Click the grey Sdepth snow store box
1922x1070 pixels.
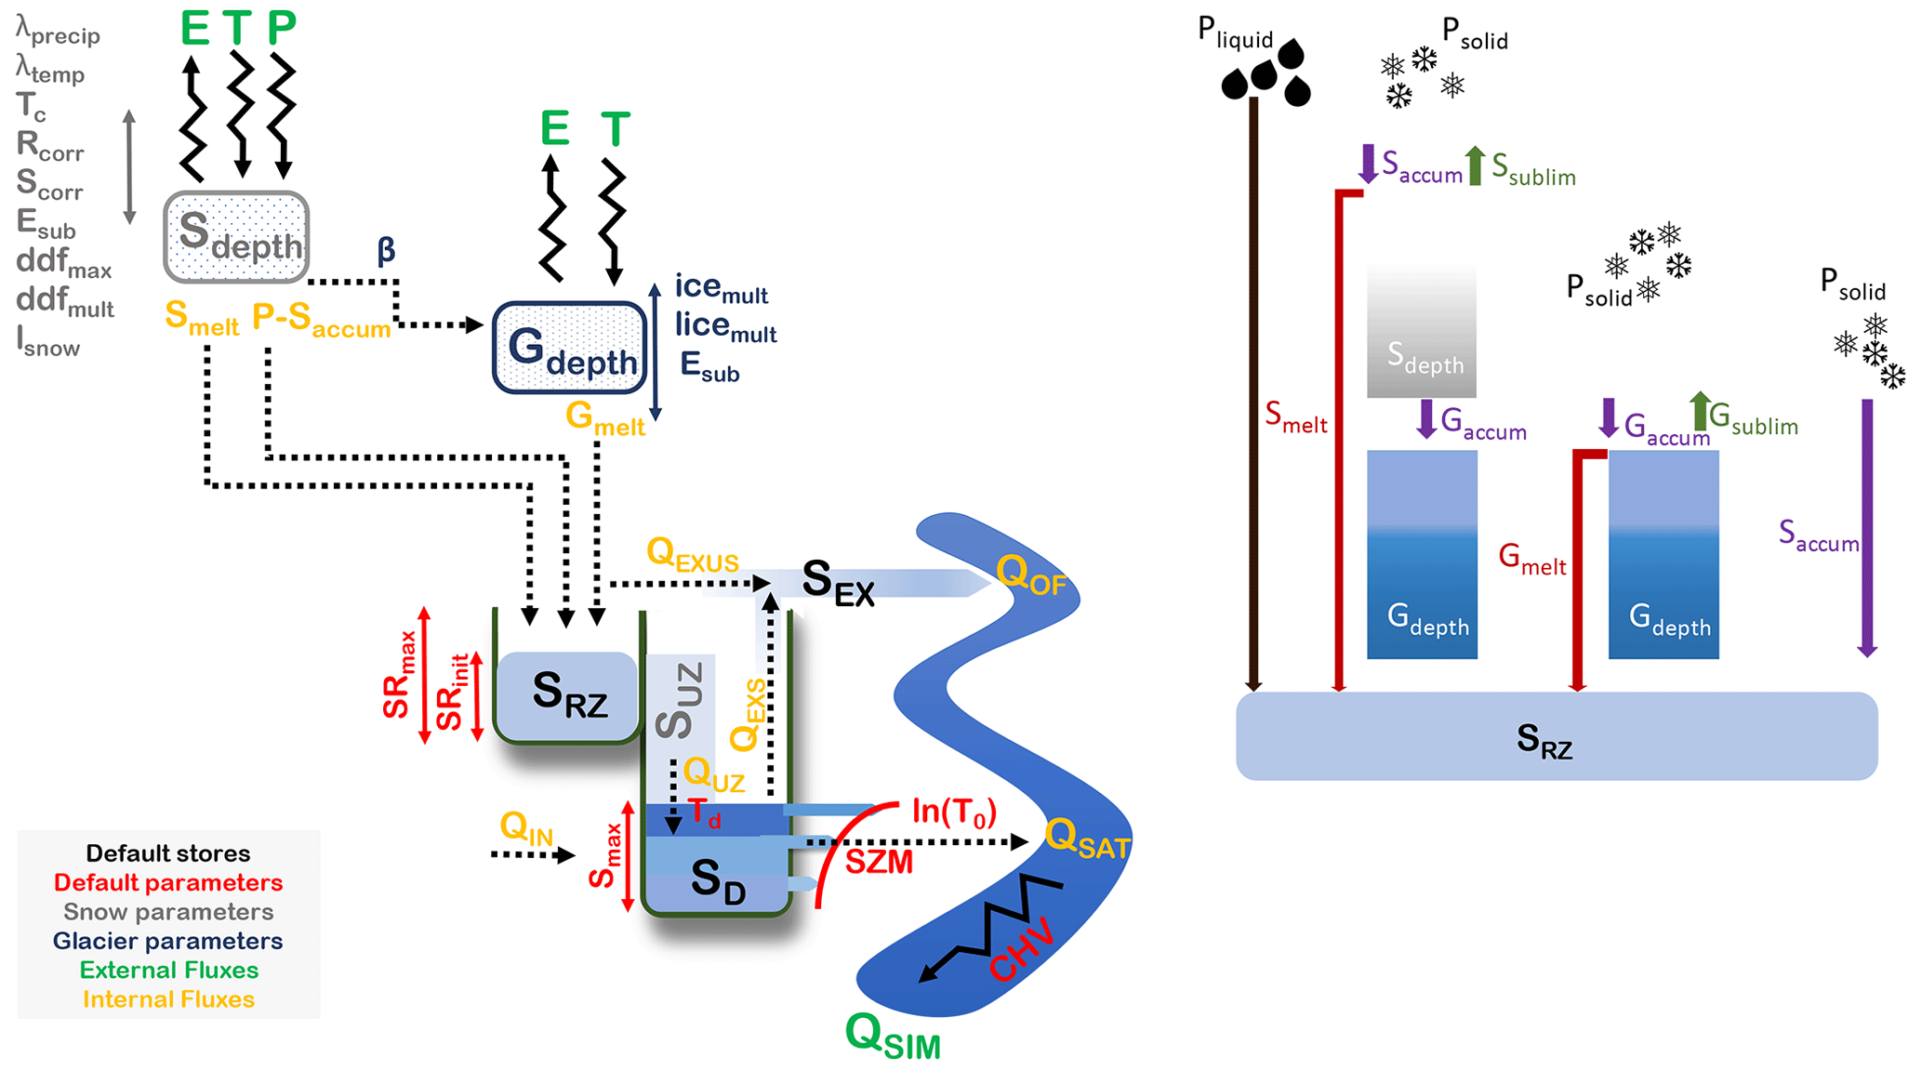pyautogui.click(x=236, y=237)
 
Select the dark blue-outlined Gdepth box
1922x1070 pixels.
pyautogui.click(x=569, y=347)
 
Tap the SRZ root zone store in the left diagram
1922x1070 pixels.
pyautogui.click(x=567, y=696)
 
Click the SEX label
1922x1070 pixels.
pyautogui.click(x=838, y=584)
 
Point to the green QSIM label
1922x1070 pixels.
pyautogui.click(x=892, y=1036)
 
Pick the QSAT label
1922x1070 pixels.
pyautogui.click(x=1086, y=839)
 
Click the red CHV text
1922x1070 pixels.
pyautogui.click(x=1022, y=950)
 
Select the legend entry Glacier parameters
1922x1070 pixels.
pyautogui.click(x=167, y=941)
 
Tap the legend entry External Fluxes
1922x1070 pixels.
pyautogui.click(x=168, y=970)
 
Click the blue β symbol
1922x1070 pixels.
pyautogui.click(x=386, y=249)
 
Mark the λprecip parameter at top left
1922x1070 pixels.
pyautogui.click(x=58, y=32)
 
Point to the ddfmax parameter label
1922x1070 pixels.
pyautogui.click(x=63, y=263)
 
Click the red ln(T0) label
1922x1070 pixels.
pyautogui.click(x=953, y=812)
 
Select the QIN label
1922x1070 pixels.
pyautogui.click(x=526, y=827)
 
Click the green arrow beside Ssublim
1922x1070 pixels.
pyautogui.click(x=1475, y=165)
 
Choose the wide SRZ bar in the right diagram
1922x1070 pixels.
pyautogui.click(x=1556, y=736)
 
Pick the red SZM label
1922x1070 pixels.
pyautogui.click(x=879, y=863)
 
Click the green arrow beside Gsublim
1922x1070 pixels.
pyautogui.click(x=1700, y=411)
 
